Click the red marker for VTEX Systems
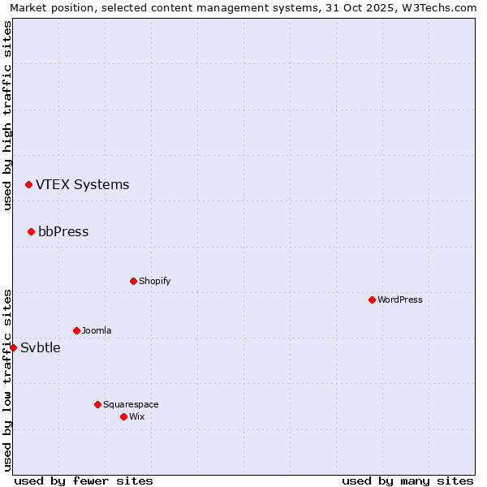point(28,185)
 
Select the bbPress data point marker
point(31,232)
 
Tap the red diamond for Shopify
point(133,282)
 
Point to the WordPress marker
point(372,300)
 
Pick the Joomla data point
point(76,331)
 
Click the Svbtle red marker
point(13,348)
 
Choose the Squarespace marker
point(97,405)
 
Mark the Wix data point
point(123,417)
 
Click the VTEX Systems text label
point(82,185)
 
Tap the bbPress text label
point(63,232)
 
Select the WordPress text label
point(399,300)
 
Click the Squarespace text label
point(131,405)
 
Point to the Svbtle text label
point(41,348)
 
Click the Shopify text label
point(154,282)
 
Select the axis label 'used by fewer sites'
point(84,481)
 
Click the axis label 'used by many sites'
point(407,481)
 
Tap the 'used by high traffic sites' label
point(7,115)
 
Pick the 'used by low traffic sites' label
point(7,380)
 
